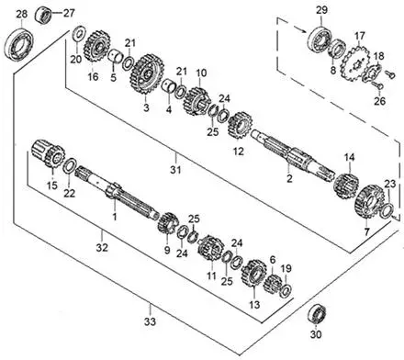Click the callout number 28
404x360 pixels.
coord(22,14)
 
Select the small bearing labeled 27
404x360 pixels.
coord(43,16)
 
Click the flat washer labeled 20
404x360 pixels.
coord(79,34)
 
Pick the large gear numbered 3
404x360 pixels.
coord(147,74)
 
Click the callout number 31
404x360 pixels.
coord(175,169)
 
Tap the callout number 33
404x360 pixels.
coord(151,321)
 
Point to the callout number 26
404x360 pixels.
coord(379,101)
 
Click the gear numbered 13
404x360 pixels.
coord(253,273)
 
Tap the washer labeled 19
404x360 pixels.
coord(286,291)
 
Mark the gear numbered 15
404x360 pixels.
coord(49,153)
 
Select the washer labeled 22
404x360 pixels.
coord(70,165)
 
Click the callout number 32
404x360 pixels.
coord(102,247)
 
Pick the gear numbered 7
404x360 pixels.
coord(369,201)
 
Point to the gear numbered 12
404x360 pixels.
coord(240,125)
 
